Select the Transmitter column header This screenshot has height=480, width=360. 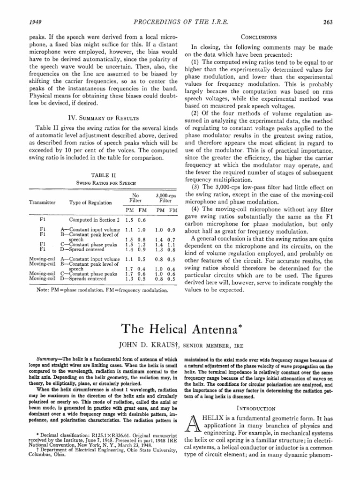[42, 202]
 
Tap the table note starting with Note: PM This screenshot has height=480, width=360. [102, 290]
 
